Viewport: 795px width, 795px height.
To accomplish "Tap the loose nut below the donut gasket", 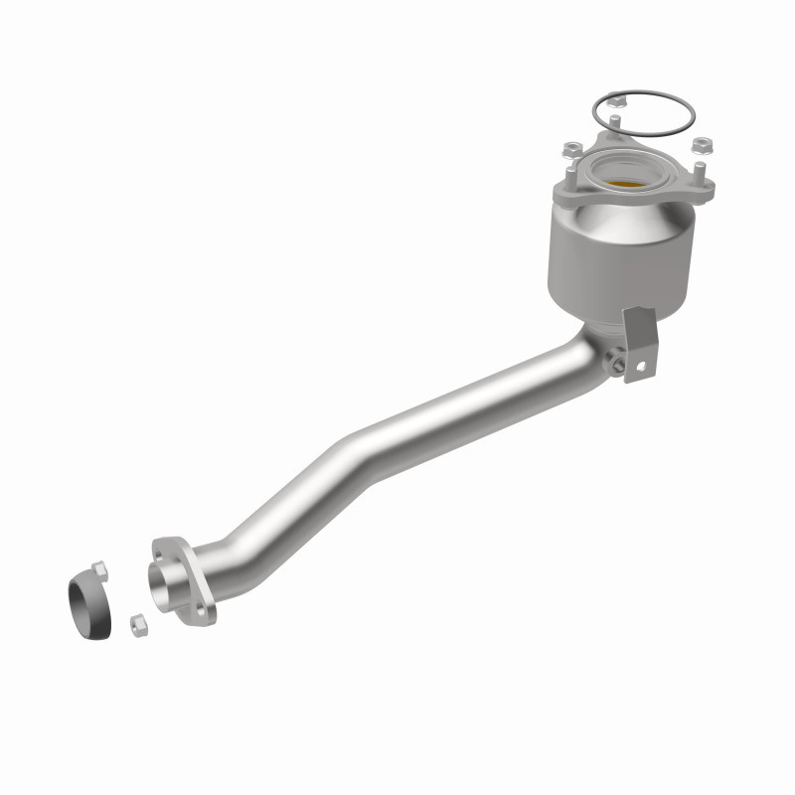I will click(137, 625).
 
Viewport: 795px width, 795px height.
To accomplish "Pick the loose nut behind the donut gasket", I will click(99, 569).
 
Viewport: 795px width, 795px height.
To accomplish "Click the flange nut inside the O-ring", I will click(615, 99).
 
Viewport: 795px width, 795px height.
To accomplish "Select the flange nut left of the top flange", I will click(571, 149).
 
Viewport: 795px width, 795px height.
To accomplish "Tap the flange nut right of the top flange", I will click(702, 145).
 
